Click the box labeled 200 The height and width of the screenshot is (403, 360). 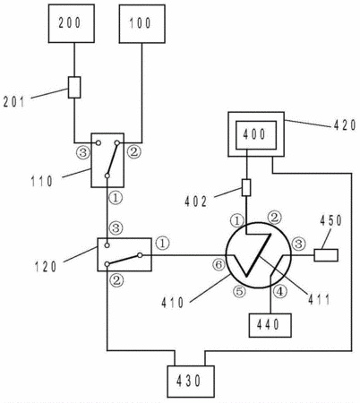pos(72,23)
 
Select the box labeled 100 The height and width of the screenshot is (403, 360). pos(142,23)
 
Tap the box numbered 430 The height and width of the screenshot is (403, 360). pos(191,382)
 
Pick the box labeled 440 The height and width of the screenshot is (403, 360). pos(270,325)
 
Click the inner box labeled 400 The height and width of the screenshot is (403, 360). pos(256,135)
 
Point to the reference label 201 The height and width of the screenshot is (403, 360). pos(14,102)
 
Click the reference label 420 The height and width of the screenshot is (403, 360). pos(345,125)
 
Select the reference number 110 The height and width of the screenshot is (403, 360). pos(42,181)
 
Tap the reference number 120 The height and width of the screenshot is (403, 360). pos(46,266)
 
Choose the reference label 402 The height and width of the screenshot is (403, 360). pos(196,202)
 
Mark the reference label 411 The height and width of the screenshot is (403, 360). pos(319,299)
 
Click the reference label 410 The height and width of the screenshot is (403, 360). pos(173,304)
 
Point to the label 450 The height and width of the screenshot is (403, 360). pos(330,220)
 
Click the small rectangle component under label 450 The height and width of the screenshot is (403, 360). pos(326,255)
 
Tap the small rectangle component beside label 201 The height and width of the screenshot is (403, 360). pos(74,87)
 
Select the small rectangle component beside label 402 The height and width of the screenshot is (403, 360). pos(246,187)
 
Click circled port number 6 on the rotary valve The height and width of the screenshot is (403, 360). pos(219,264)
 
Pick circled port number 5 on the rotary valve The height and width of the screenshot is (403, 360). pos(239,291)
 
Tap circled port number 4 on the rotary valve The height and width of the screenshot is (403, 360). pos(280,291)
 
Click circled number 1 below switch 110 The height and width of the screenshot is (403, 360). pos(116,197)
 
